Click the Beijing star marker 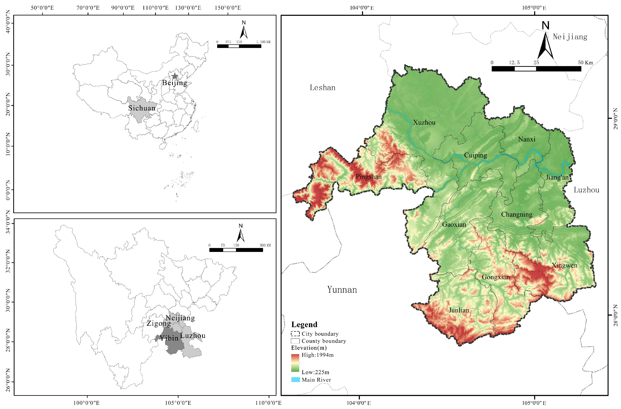[x=175, y=76]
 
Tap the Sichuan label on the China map [x=142, y=108]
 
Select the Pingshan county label [x=368, y=177]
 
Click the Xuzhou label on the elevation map [x=424, y=122]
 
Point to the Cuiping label [x=475, y=155]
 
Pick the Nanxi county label [x=527, y=139]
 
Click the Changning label [x=517, y=215]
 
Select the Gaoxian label [x=454, y=225]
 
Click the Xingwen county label [x=564, y=266]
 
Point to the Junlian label [x=459, y=310]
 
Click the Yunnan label [x=342, y=290]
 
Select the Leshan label [x=322, y=88]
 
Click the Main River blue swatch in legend [x=295, y=380]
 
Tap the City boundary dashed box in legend [x=295, y=334]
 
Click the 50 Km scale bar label [x=585, y=63]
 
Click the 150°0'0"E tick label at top [x=228, y=8]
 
